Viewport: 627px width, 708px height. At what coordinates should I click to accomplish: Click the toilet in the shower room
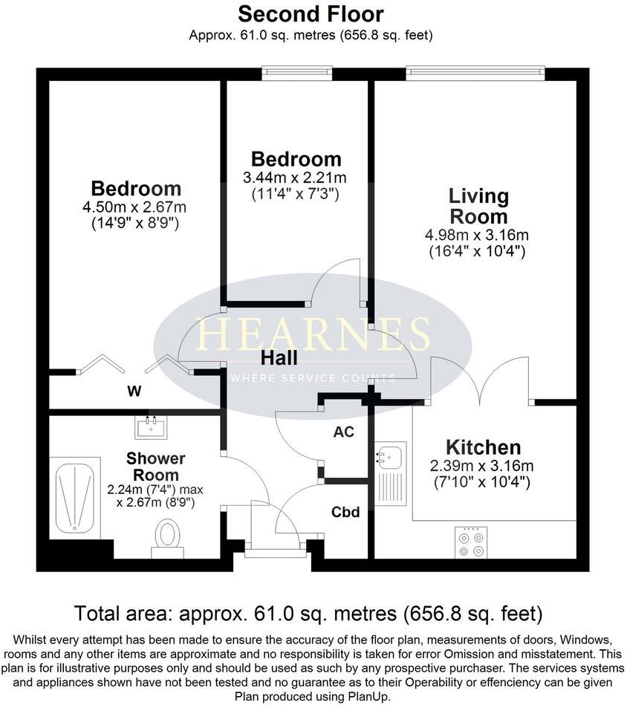coord(168,537)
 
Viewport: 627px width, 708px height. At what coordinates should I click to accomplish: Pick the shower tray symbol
coord(75,497)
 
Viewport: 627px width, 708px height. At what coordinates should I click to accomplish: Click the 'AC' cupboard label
coord(342,431)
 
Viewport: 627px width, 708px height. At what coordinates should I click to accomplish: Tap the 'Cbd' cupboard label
coord(345,513)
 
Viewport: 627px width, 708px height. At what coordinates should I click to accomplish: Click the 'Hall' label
coord(279,358)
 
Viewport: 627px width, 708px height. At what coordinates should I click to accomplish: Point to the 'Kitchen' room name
coord(483,447)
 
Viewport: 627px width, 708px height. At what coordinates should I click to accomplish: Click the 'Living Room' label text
coord(478,207)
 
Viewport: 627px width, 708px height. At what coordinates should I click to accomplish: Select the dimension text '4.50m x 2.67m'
coord(135,207)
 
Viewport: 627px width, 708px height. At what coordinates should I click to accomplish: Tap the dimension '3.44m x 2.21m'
coord(296,178)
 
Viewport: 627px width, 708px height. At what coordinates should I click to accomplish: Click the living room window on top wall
coord(475,73)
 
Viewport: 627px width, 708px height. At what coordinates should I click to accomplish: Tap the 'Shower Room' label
coord(155,467)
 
